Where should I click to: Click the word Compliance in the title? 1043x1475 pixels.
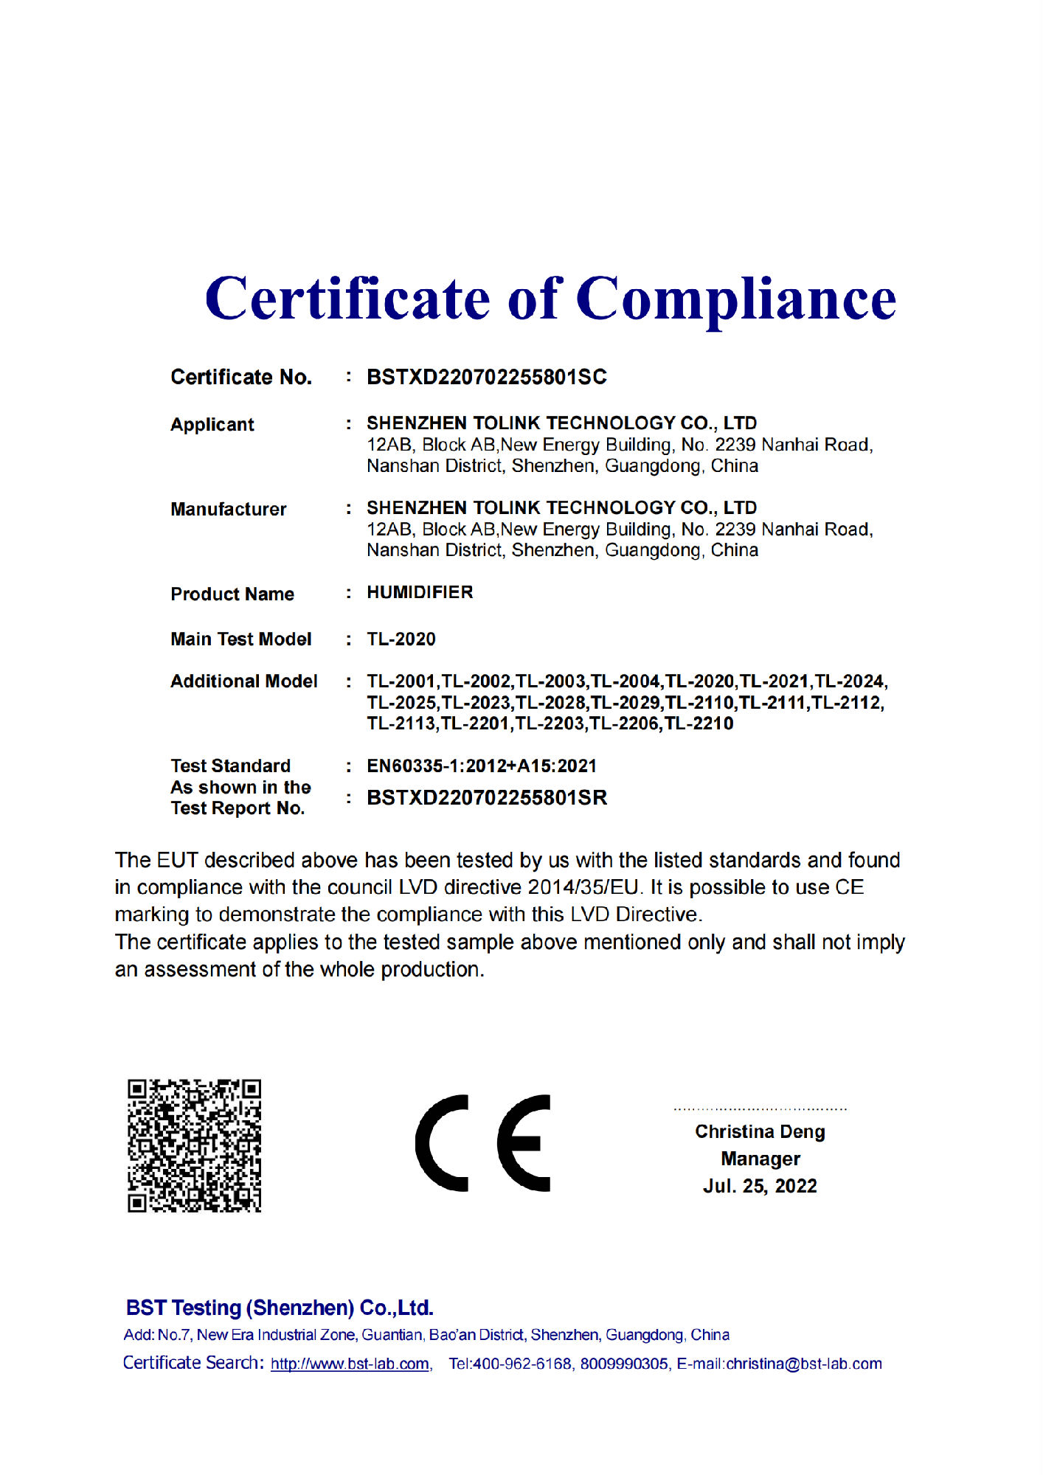(735, 299)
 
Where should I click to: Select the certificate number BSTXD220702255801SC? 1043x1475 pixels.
(486, 377)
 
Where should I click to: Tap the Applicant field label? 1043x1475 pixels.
(212, 425)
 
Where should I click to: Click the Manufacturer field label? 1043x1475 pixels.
(228, 509)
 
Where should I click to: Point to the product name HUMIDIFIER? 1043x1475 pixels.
(420, 592)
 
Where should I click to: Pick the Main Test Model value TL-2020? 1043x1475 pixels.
(401, 639)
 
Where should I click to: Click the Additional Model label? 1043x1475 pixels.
(243, 681)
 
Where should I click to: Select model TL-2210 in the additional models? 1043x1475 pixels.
(699, 723)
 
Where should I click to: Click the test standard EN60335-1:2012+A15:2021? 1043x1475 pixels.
(481, 766)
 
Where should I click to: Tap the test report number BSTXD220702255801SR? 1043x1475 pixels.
(487, 797)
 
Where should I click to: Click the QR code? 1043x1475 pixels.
(194, 1145)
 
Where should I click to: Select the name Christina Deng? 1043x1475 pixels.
(760, 1131)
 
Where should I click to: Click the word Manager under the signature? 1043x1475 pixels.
(760, 1159)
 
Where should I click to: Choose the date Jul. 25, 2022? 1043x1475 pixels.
(760, 1186)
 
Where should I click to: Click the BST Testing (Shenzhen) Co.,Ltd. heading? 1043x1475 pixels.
(280, 1308)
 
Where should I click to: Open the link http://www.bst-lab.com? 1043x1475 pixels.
(350, 1364)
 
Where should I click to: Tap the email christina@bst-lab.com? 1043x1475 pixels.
(804, 1364)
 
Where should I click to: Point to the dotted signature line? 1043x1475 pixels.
(760, 1108)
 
